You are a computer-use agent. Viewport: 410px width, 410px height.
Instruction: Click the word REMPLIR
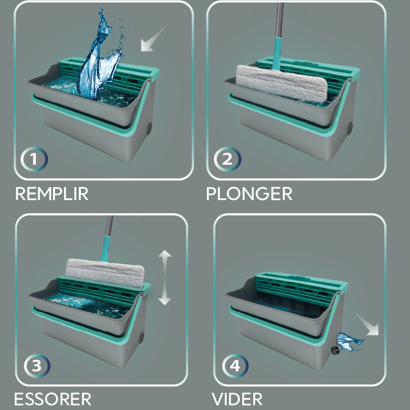52,194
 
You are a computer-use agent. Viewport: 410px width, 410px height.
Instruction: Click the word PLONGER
249,194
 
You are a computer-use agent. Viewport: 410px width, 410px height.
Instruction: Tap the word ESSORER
52,399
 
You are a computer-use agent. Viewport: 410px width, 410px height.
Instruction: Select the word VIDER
237,399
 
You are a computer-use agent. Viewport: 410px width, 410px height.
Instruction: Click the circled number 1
34,159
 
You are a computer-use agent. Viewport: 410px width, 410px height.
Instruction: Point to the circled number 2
227,159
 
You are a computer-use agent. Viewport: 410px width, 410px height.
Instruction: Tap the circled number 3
37,366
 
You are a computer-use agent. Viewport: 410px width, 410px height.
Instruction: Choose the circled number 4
235,366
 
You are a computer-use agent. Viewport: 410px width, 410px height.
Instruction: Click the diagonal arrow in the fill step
153,39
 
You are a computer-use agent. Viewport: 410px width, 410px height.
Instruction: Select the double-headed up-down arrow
165,278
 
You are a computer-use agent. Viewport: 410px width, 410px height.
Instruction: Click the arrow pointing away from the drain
367,324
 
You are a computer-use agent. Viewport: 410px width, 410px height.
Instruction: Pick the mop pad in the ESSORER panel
105,273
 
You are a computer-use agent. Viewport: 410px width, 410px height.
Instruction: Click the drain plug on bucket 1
150,129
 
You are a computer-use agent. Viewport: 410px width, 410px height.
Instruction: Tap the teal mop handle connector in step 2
277,54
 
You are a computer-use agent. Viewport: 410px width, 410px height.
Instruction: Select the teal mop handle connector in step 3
106,249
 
